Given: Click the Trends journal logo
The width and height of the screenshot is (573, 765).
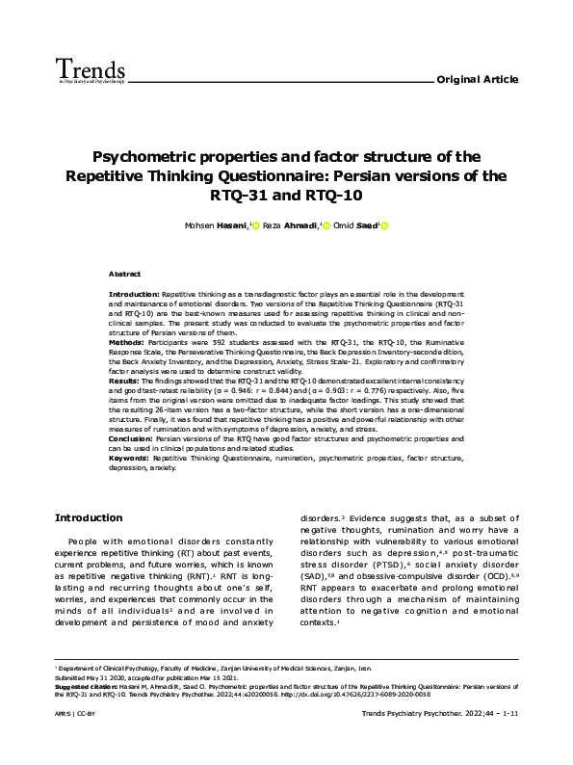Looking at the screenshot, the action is [91, 70].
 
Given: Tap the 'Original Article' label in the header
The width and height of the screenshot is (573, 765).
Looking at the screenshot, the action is [478, 78].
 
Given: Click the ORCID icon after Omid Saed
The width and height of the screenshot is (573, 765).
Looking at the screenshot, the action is [384, 226].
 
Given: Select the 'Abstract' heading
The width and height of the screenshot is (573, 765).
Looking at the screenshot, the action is [124, 274].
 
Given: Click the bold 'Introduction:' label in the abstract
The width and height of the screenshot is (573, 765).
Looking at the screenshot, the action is [134, 291].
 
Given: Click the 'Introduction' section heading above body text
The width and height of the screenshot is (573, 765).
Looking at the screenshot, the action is [89, 517].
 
